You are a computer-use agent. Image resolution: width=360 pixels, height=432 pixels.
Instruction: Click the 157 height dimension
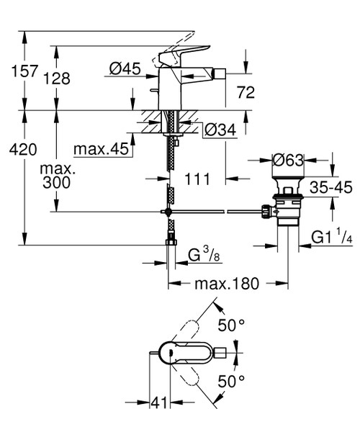coord(17,71)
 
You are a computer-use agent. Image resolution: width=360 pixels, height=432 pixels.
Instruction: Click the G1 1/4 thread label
coord(330,236)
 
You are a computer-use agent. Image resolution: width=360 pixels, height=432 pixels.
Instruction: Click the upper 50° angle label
coord(232,326)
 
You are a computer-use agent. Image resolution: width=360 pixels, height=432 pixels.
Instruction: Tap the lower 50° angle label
coord(232,379)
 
